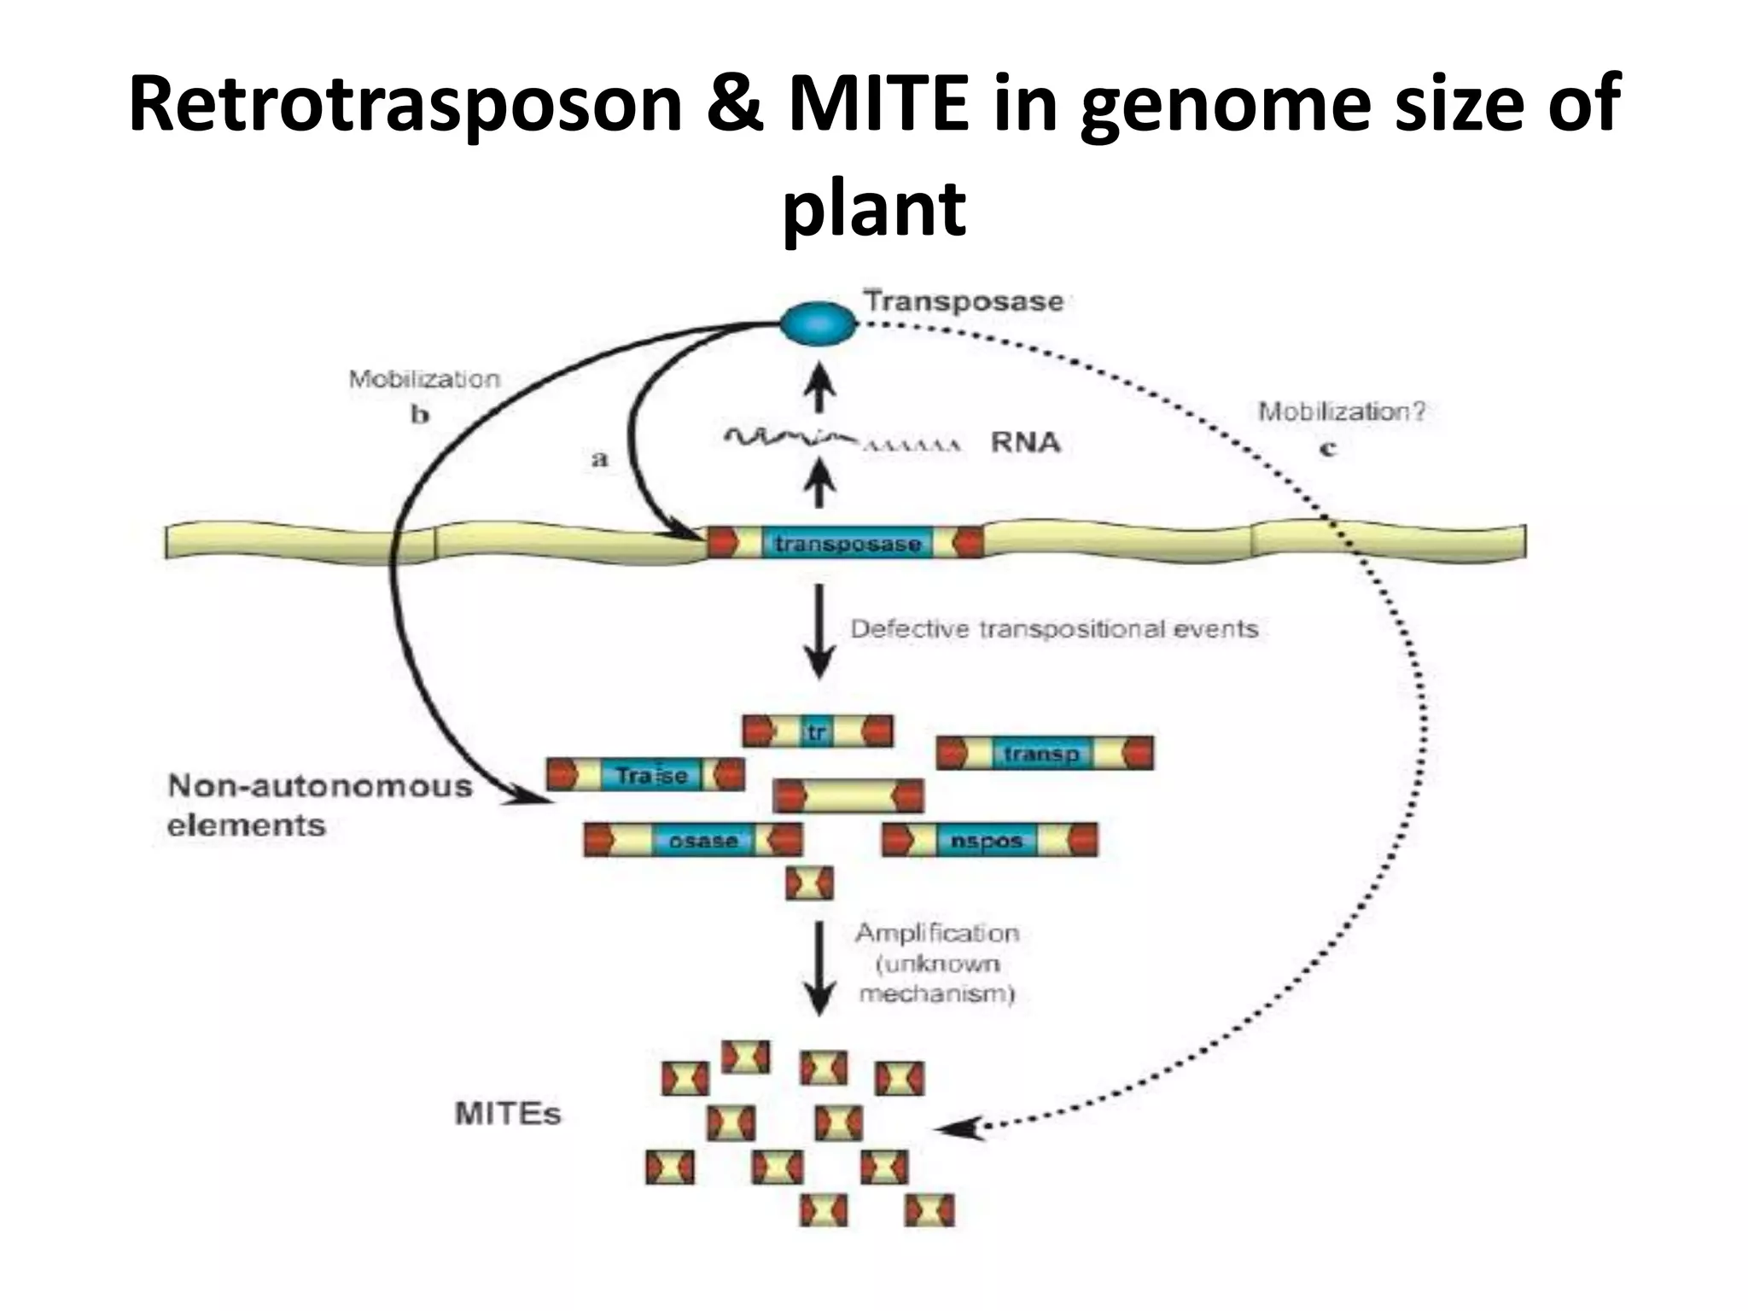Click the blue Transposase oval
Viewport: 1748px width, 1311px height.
tap(818, 324)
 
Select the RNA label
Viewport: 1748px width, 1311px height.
tap(1025, 442)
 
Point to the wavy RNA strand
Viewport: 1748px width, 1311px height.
tap(790, 440)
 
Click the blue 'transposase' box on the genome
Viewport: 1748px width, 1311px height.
tap(847, 544)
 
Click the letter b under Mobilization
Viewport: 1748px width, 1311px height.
tap(420, 416)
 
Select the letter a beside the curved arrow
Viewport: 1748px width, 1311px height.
tap(600, 459)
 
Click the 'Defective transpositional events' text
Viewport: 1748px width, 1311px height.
tap(1054, 629)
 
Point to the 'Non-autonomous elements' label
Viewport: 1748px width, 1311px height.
tap(319, 805)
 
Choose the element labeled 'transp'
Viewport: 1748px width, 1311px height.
tap(1044, 754)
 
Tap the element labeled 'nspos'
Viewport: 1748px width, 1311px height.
tap(989, 841)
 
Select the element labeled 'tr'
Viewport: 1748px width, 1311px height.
tap(818, 732)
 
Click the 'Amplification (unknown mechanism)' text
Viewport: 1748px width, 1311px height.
tap(937, 963)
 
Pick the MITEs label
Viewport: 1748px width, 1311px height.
tap(508, 1114)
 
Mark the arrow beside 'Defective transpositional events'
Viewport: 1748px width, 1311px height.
tap(819, 632)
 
